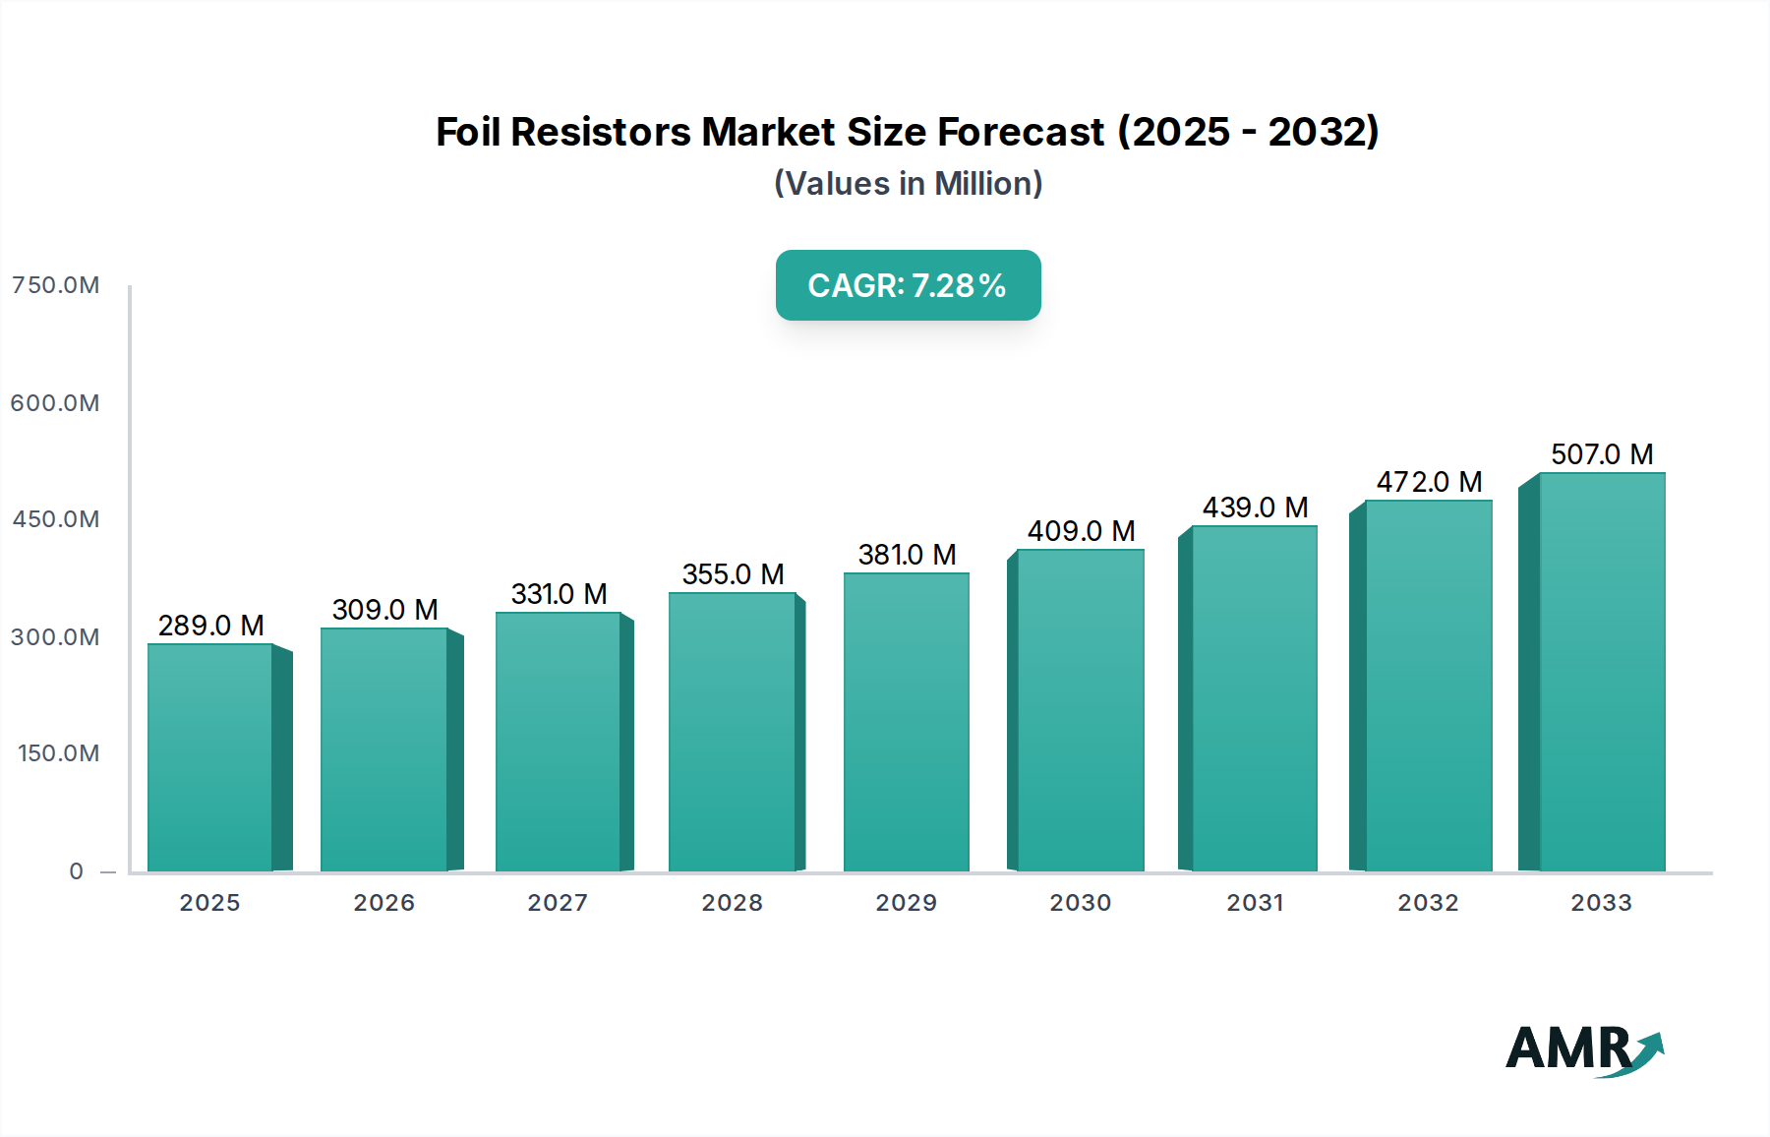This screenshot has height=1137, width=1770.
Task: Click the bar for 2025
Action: tap(209, 757)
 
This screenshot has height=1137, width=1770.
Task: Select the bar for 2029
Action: tap(906, 722)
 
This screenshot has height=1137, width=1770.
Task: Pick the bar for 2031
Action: tap(1254, 698)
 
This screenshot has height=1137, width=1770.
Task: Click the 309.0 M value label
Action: tap(384, 610)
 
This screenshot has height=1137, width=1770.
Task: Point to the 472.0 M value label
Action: tap(1429, 482)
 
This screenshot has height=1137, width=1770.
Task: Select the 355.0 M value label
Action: tap(733, 574)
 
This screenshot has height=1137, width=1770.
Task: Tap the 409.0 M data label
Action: tap(1081, 531)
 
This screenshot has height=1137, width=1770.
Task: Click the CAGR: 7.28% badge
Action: tap(908, 285)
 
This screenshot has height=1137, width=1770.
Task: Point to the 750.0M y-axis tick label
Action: tap(55, 285)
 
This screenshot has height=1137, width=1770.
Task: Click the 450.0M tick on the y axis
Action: tap(55, 519)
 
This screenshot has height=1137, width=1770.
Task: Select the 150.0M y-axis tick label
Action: tap(58, 753)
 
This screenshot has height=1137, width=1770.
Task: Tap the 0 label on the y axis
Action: tap(76, 871)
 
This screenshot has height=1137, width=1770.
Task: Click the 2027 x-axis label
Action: tap(558, 903)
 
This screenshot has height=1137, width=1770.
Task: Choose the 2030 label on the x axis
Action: tap(1080, 903)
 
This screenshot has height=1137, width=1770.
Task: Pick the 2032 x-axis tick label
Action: tap(1428, 903)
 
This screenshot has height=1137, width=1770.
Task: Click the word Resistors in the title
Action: tap(601, 132)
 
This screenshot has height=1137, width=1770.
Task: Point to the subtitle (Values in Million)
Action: tap(908, 184)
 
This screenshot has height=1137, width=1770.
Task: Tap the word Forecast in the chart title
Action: tap(1020, 132)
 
